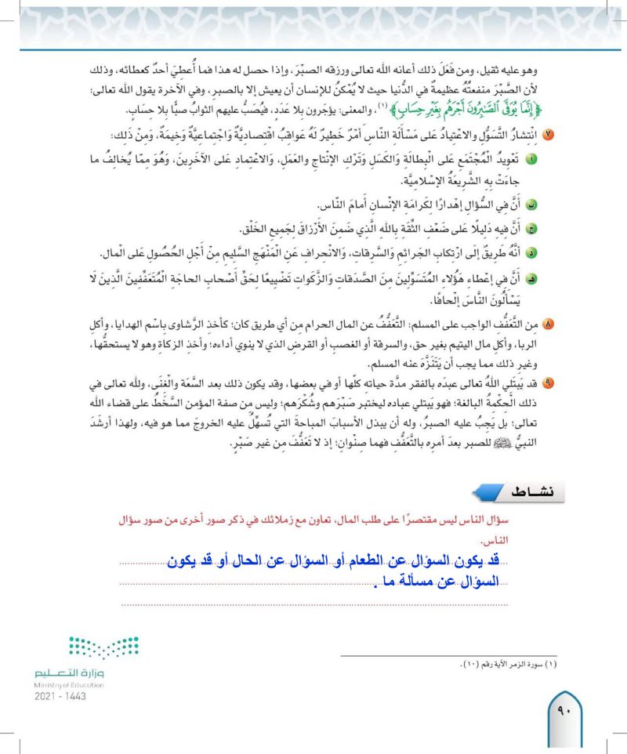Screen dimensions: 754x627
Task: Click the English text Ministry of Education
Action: (x=68, y=684)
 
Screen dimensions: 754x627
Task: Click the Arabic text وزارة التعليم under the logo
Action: (x=69, y=672)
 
